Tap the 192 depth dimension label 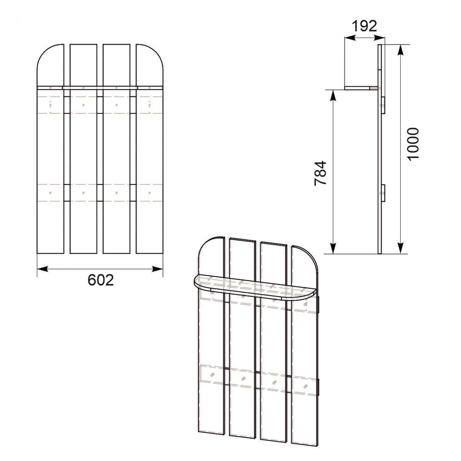point(365,26)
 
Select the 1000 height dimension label point(413,144)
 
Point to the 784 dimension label point(320,173)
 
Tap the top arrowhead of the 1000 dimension point(401,50)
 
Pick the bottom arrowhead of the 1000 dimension point(401,248)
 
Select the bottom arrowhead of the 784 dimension point(333,248)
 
